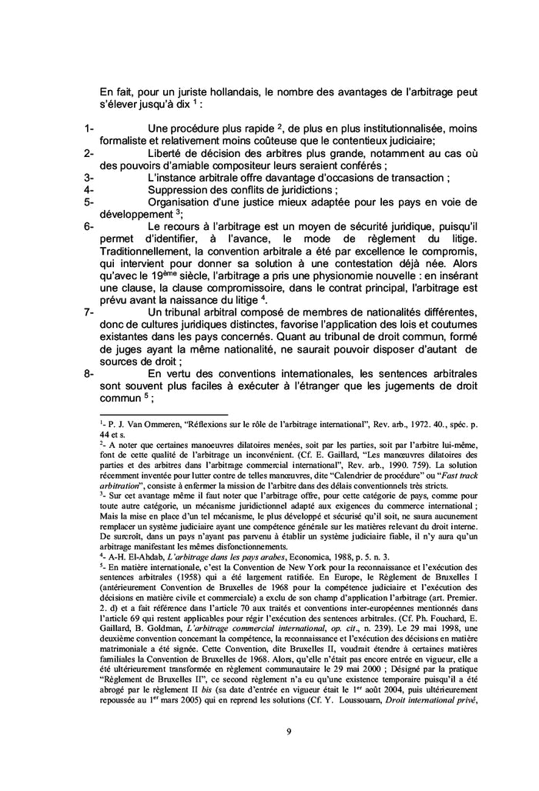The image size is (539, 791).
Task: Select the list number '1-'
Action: click(89, 127)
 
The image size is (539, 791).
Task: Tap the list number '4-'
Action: click(89, 189)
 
